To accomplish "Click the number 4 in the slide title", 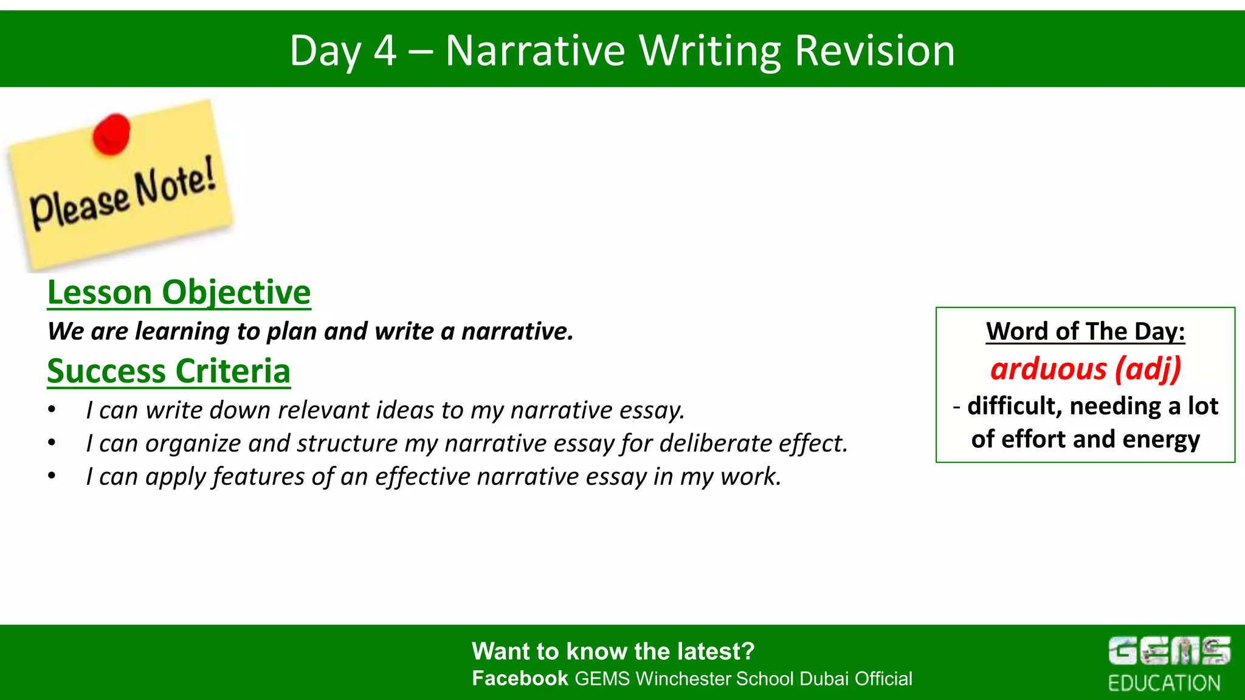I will click(x=385, y=51).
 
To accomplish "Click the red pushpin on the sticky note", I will click(x=111, y=133).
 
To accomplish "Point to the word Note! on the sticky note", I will click(x=175, y=183).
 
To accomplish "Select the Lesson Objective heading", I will click(x=179, y=293).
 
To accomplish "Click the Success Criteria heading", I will click(x=168, y=371).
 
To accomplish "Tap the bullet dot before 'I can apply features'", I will click(x=52, y=476).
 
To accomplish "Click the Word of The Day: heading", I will click(x=1085, y=332).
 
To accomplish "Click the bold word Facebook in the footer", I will click(x=520, y=678).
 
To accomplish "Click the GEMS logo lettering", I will click(x=1168, y=651).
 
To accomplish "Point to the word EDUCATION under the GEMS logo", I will click(x=1164, y=683).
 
